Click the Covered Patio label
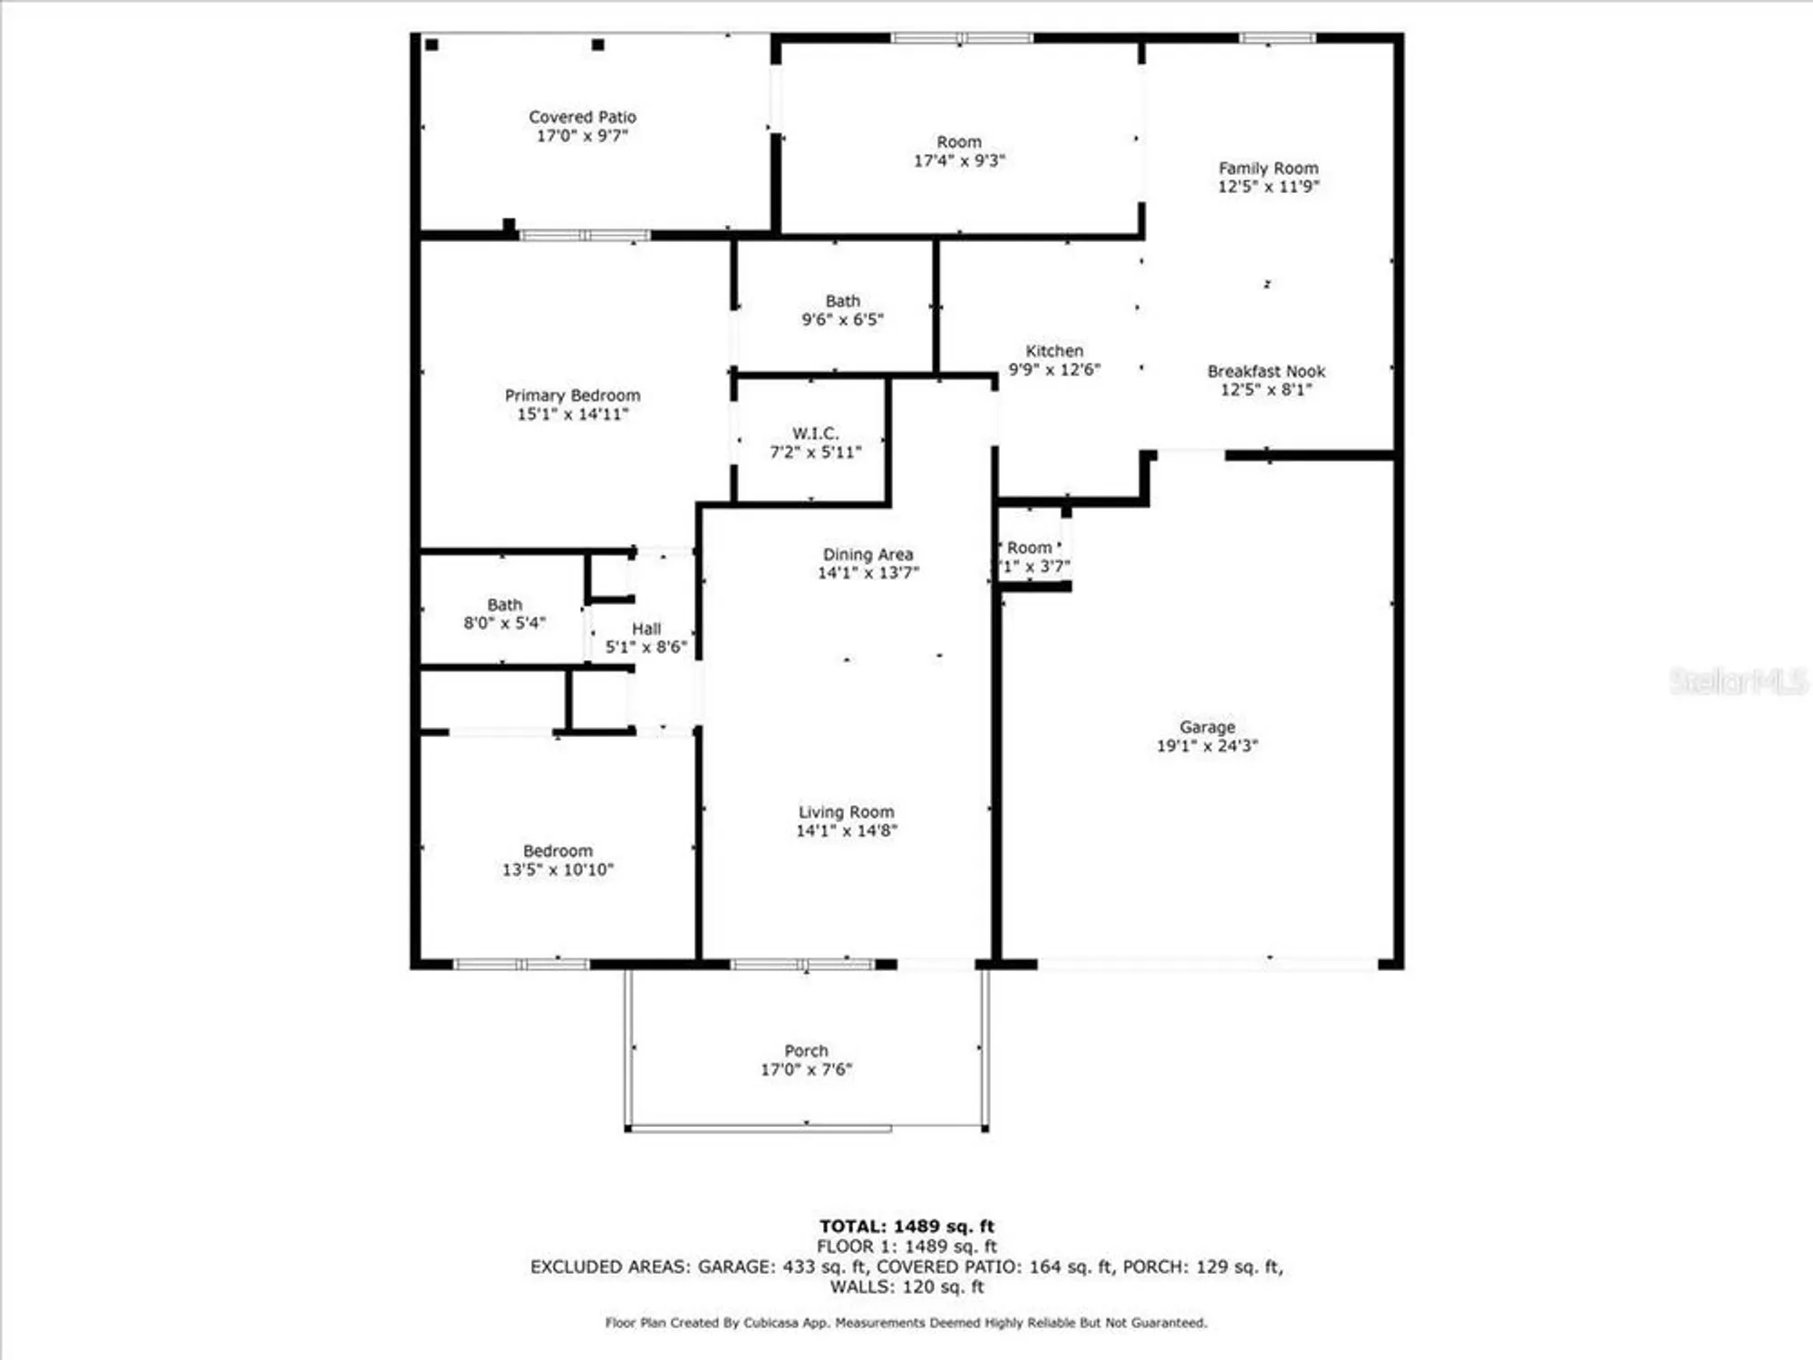(582, 117)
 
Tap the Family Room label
(1268, 168)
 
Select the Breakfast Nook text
(1265, 371)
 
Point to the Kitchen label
(1054, 351)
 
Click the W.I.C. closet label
(815, 433)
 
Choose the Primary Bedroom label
(572, 395)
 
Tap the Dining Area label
(868, 554)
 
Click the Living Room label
(846, 811)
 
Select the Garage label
(1207, 727)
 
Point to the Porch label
(806, 1051)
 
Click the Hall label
(646, 628)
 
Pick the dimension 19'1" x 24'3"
(1207, 746)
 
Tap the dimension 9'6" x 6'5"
(842, 319)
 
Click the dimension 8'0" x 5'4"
(504, 623)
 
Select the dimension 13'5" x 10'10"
(557, 869)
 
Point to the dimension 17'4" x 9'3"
(959, 160)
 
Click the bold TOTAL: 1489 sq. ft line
(906, 1227)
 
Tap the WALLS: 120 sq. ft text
(906, 1287)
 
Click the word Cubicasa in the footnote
(777, 1323)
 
